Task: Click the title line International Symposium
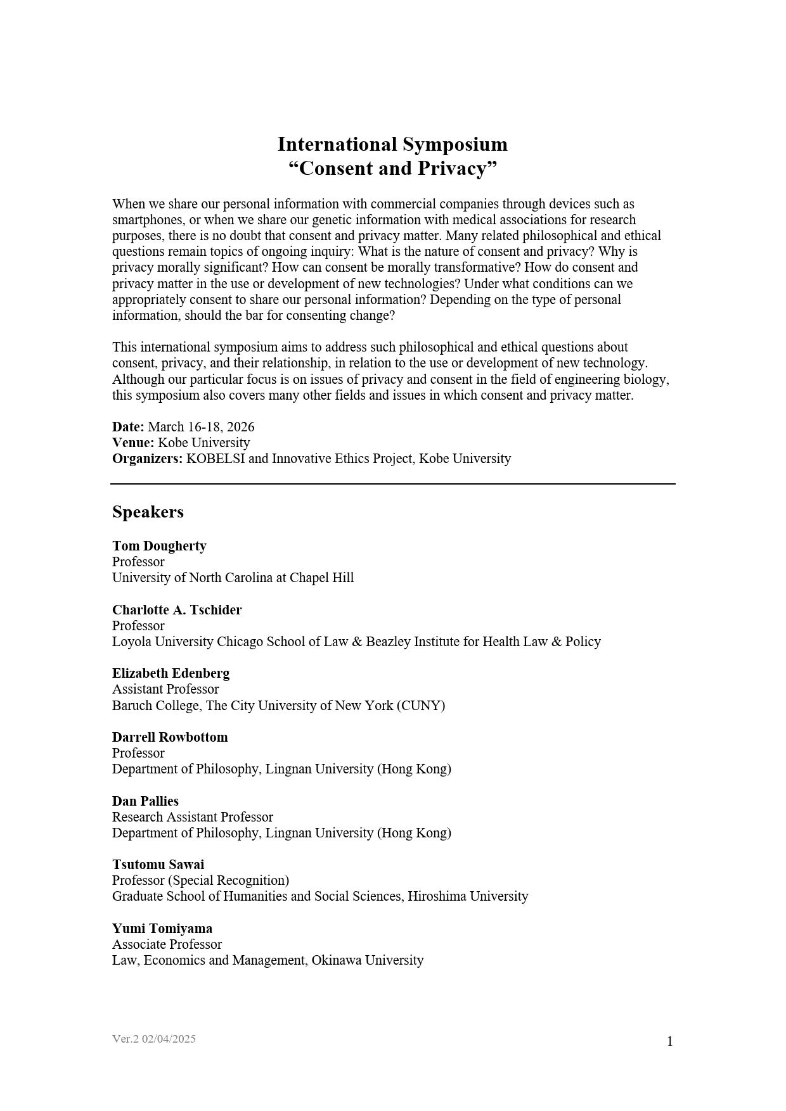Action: [392, 144]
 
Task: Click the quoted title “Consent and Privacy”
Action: [392, 168]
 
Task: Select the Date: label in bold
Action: [128, 427]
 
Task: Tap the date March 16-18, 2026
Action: [201, 427]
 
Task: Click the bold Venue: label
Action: [133, 443]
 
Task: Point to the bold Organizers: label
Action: [147, 459]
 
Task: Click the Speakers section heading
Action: [148, 512]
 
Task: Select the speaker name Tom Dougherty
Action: [159, 546]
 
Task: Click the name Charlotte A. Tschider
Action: [177, 610]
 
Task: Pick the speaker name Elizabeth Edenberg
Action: [171, 673]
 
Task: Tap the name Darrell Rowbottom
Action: [170, 737]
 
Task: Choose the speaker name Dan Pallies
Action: [145, 801]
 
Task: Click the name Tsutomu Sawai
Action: [158, 865]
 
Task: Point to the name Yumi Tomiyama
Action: [162, 929]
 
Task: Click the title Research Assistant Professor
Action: [192, 817]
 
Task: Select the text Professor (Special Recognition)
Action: [200, 880]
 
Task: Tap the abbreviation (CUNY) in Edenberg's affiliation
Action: [421, 706]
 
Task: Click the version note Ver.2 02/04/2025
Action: [154, 1039]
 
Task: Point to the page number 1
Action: [669, 1041]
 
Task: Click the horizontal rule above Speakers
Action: [392, 484]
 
